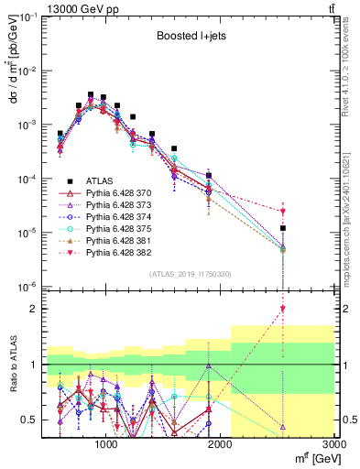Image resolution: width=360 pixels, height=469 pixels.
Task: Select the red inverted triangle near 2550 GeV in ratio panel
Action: pyautogui.click(x=283, y=309)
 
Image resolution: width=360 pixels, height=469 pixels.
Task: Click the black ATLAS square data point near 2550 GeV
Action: pyautogui.click(x=283, y=228)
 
